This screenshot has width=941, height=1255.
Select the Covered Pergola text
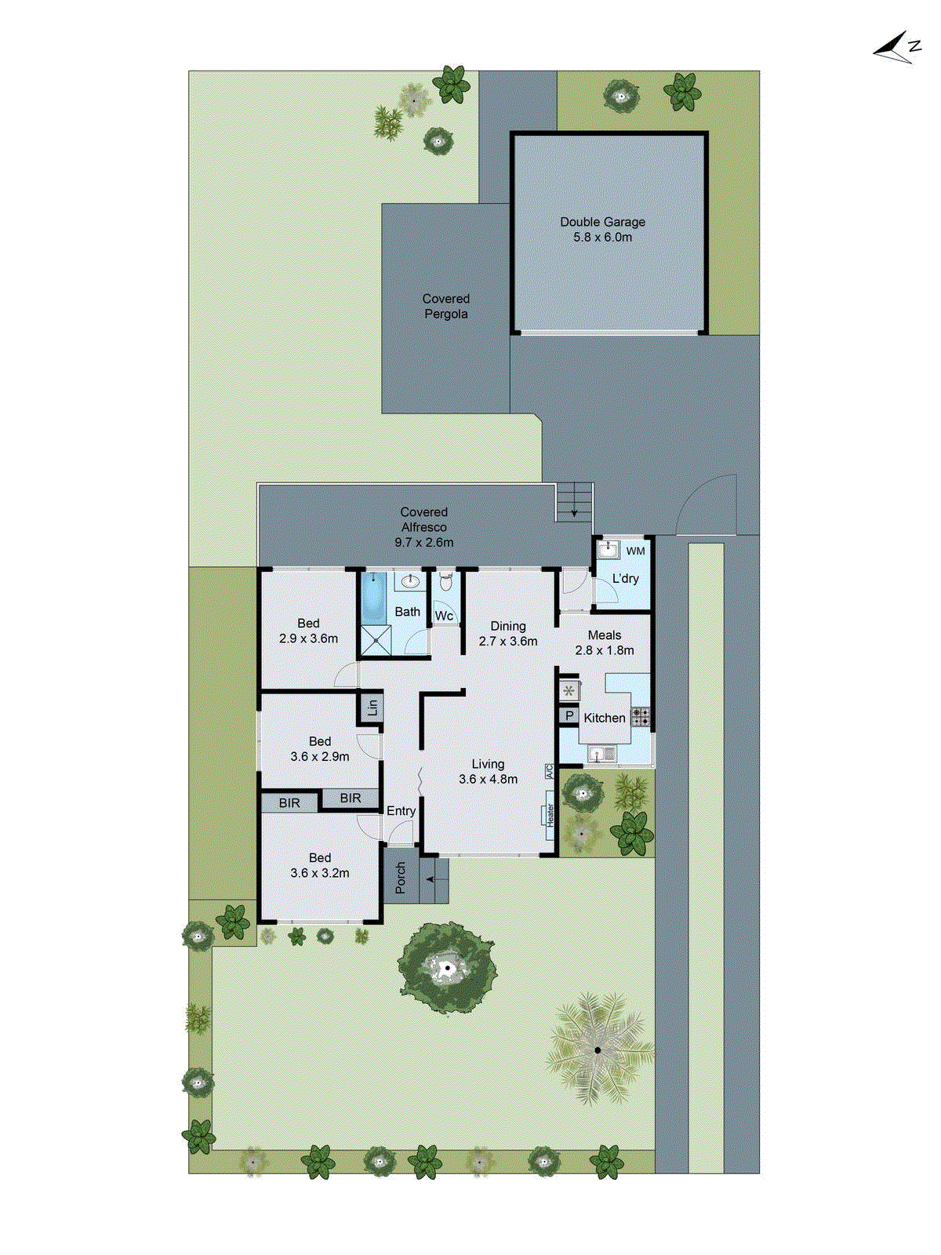point(445,307)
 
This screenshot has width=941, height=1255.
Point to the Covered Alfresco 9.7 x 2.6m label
point(423,527)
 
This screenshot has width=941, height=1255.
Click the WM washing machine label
point(635,551)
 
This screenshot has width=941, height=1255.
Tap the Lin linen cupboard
point(372,707)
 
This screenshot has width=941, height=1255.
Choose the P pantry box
point(569,716)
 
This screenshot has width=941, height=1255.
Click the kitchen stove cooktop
point(641,715)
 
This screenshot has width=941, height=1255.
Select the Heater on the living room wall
point(550,815)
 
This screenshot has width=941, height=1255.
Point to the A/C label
point(549,772)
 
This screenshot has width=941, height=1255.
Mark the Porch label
point(401,878)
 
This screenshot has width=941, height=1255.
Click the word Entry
point(401,811)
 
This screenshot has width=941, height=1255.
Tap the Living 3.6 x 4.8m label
point(488,772)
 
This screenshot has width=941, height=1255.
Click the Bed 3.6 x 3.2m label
point(319,865)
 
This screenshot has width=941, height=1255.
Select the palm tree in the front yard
point(598,1049)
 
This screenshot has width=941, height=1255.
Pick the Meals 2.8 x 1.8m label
point(604,642)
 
